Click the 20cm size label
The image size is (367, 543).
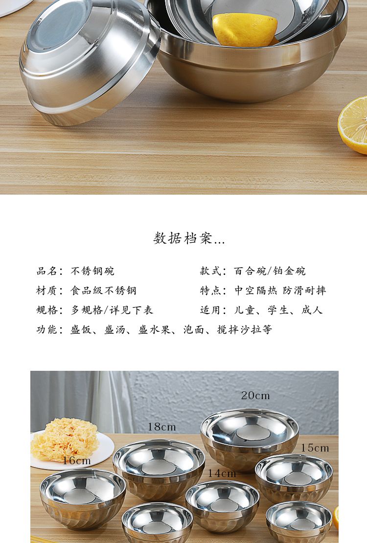pos(255,395)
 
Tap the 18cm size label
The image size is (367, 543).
pos(162,427)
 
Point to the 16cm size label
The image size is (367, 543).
pos(77,461)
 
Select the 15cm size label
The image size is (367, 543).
pos(315,448)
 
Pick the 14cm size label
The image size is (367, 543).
pos(222,473)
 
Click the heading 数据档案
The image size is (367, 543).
pos(189,238)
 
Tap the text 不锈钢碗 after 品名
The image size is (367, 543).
pos(92,271)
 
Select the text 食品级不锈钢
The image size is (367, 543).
pos(103,290)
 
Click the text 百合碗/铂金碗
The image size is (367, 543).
pos(270,271)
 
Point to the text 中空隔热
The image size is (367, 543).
pos(256,290)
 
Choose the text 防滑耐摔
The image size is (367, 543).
pos(304,290)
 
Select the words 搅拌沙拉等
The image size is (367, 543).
pos(244,329)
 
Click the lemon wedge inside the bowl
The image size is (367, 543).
pos(245,29)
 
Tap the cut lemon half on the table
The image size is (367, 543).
pos(353,125)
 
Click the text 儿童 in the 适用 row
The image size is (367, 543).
pos(244,310)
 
